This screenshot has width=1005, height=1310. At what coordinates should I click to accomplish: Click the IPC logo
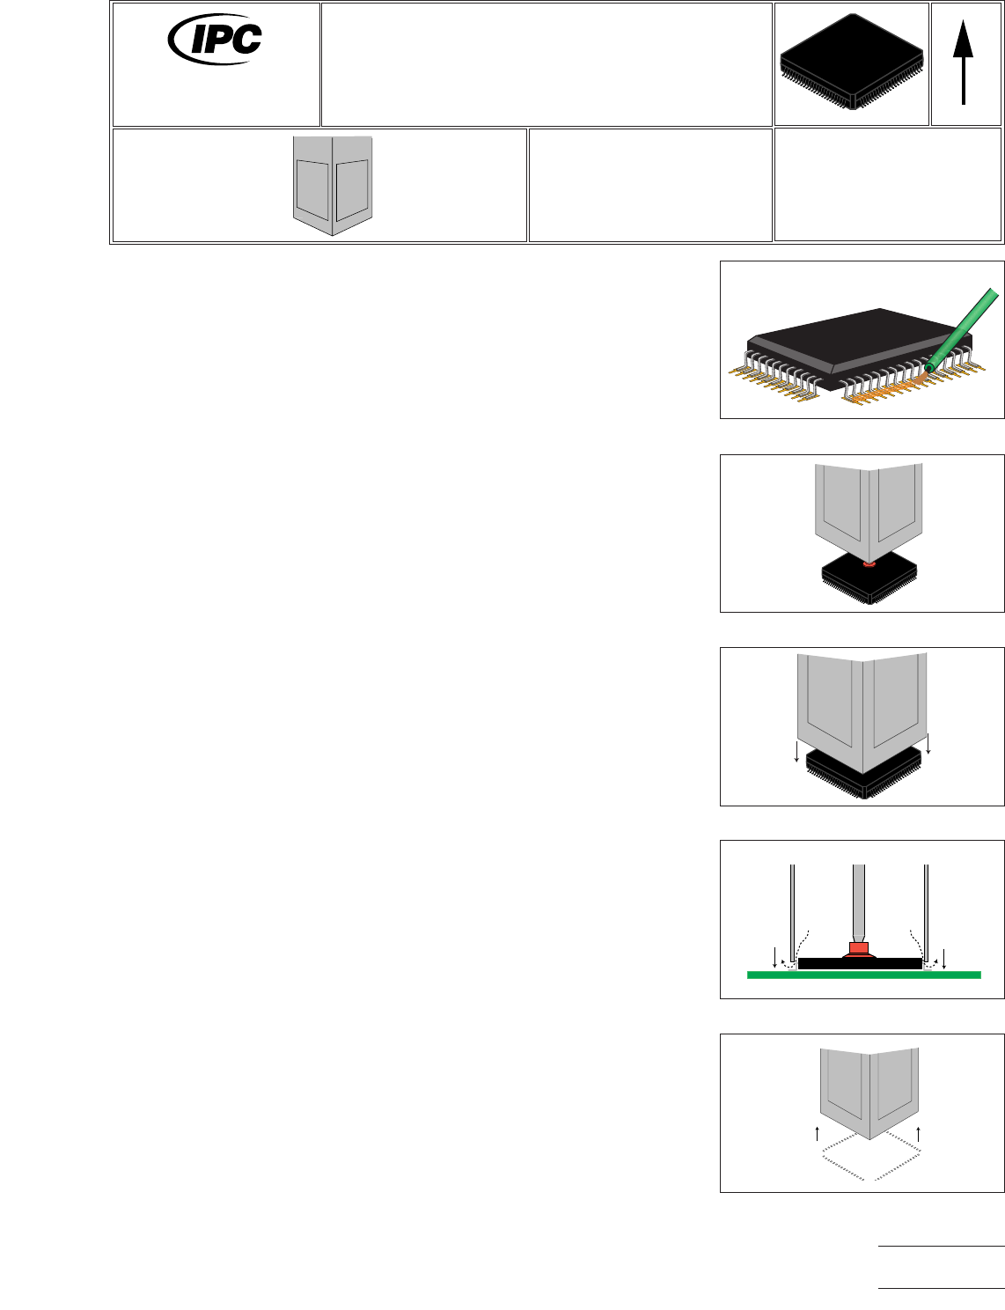coord(216,40)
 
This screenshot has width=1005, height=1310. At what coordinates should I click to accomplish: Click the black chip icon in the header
coord(851,60)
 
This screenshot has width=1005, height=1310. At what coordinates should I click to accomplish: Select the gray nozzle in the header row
coord(333,183)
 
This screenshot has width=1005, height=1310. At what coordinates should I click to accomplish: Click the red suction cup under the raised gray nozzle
coord(869,563)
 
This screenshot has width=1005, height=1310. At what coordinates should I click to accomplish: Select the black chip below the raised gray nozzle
coord(869,581)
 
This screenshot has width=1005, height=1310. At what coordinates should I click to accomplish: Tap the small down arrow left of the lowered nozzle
coord(796,751)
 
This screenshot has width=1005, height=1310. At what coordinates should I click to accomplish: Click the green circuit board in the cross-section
coord(863,975)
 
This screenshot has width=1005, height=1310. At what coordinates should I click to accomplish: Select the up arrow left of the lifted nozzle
coord(818,1132)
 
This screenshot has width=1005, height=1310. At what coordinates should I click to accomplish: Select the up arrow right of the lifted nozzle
coord(919,1132)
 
